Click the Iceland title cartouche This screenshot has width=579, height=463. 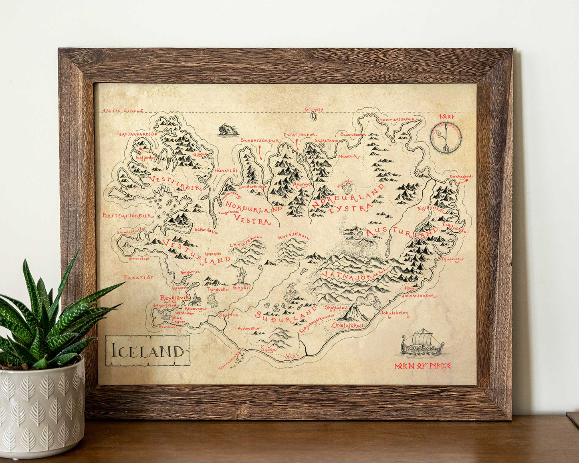pos(147,351)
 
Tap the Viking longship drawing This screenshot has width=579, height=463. pos(422,344)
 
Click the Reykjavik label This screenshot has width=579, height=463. pos(174,298)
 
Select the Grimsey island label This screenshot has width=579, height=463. pos(314,109)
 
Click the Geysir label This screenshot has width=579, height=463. pos(242,287)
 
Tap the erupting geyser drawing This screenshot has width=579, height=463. pos(242,275)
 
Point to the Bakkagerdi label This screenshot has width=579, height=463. pos(461,176)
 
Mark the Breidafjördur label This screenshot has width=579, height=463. pos(128,215)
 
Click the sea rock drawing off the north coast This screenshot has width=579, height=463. pos(228,129)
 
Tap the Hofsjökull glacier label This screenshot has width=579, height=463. pos(294,237)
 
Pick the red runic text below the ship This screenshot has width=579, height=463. pos(423,366)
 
